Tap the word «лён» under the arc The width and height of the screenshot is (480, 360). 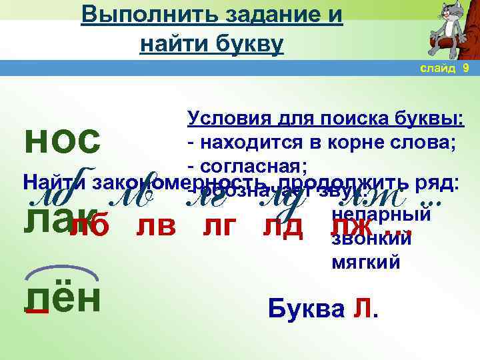click(62, 297)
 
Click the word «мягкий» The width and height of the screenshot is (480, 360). click(366, 263)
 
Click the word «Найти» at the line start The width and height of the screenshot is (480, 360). click(55, 181)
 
